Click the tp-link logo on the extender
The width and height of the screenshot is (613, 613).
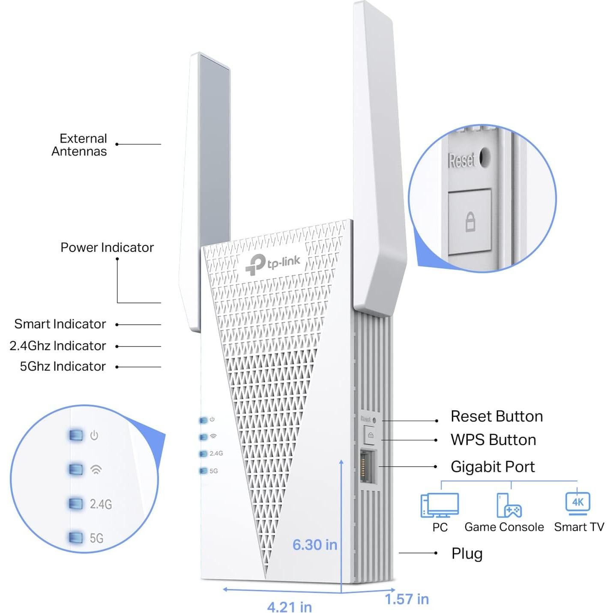pyautogui.click(x=272, y=263)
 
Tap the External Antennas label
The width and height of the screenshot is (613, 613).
pyautogui.click(x=79, y=145)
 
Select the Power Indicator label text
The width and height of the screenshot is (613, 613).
pyautogui.click(x=107, y=247)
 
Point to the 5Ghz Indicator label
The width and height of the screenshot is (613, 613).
pyautogui.click(x=63, y=366)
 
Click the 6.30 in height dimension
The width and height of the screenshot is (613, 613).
pyautogui.click(x=314, y=544)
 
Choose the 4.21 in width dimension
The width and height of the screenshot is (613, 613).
pyautogui.click(x=290, y=607)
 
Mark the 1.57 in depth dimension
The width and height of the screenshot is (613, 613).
pyautogui.click(x=407, y=599)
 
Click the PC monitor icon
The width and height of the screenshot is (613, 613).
pyautogui.click(x=440, y=505)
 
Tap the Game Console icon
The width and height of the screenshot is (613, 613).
pyautogui.click(x=508, y=505)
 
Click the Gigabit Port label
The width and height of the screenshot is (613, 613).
pyautogui.click(x=493, y=466)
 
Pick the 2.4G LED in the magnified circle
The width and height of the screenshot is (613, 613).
pyautogui.click(x=76, y=503)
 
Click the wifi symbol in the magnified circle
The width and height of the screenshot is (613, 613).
pyautogui.click(x=96, y=469)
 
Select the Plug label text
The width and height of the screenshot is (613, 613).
pyautogui.click(x=467, y=553)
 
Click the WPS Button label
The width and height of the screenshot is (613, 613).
pyautogui.click(x=493, y=440)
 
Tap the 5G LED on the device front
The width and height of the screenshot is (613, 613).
pyautogui.click(x=203, y=471)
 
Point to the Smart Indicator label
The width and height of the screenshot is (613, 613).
pyautogui.click(x=60, y=324)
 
